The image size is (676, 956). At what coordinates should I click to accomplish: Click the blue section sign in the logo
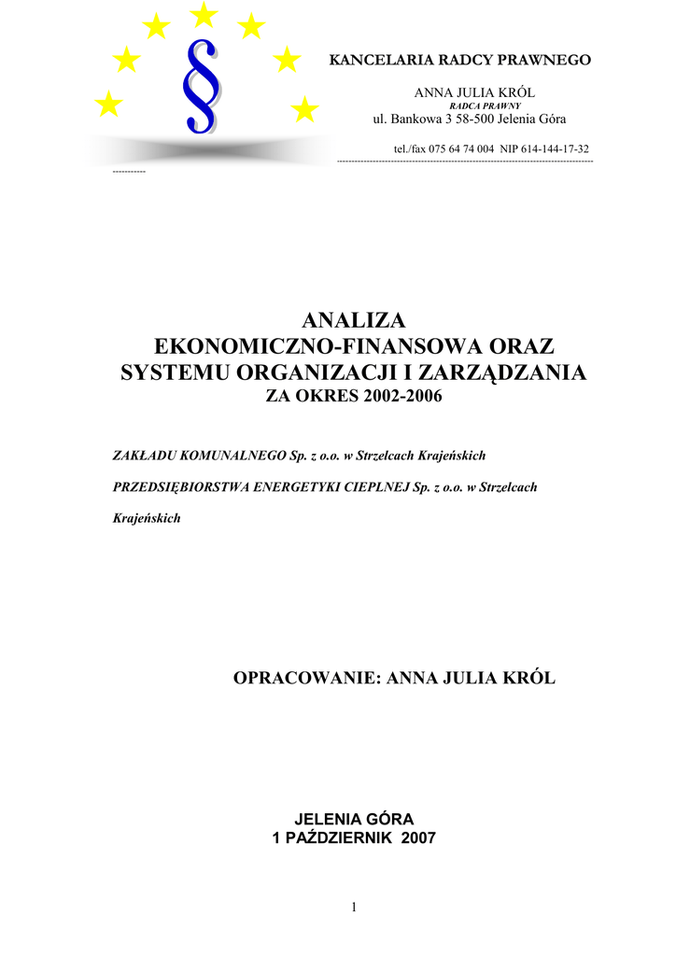tap(204, 87)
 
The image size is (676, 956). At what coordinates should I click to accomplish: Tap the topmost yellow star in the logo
tap(204, 14)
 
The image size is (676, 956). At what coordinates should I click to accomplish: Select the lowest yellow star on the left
tap(109, 105)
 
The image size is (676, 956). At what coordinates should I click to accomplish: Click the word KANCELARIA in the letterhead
tap(376, 61)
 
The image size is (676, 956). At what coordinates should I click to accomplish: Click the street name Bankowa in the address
tap(415, 119)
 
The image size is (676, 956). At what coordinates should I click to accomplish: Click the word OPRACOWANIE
tap(303, 678)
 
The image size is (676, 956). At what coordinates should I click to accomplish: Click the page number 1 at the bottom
tap(355, 907)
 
